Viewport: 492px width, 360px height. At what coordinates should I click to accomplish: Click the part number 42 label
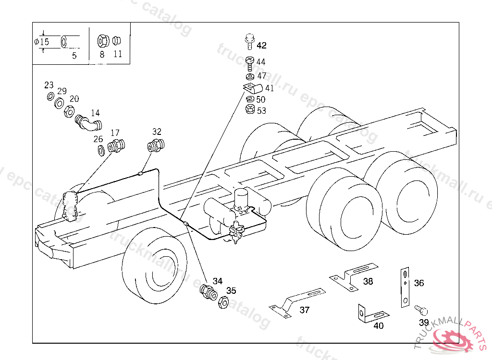261,46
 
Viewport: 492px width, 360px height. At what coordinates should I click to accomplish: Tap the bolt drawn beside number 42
249,41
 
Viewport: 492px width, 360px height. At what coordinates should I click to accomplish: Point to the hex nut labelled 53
249,109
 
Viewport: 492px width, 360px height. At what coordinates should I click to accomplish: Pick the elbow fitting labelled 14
88,123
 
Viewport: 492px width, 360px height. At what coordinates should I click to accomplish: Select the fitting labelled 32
156,144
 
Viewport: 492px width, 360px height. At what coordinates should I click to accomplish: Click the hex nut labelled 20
69,112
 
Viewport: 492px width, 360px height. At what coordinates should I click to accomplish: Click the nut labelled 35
223,302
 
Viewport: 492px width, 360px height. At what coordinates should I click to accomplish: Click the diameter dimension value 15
44,42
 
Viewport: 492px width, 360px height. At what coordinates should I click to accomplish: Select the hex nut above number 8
102,41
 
